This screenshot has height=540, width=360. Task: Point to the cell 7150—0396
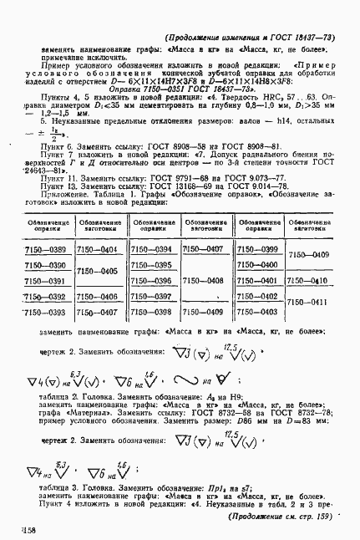(x=152, y=281)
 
